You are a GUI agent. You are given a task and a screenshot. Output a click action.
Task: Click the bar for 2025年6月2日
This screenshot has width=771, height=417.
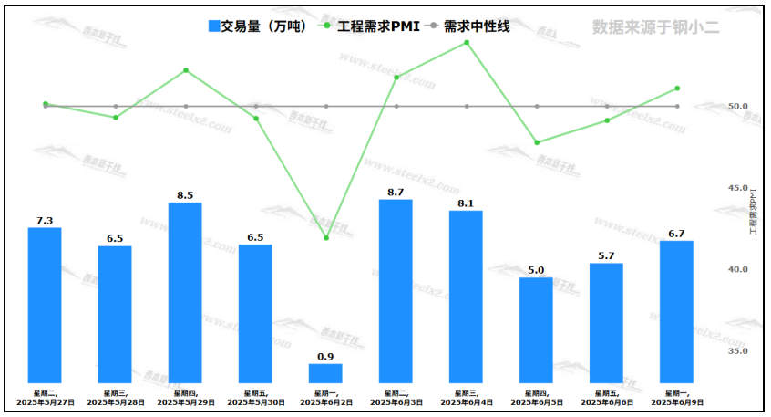(325, 373)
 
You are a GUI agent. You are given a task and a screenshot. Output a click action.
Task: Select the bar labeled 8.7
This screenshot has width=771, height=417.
(396, 290)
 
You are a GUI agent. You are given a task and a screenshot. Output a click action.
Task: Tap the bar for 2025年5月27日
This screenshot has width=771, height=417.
(45, 305)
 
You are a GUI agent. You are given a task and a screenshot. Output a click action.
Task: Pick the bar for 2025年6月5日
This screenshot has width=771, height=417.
(536, 329)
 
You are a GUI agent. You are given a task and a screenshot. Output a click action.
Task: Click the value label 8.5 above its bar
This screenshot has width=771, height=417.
(185, 194)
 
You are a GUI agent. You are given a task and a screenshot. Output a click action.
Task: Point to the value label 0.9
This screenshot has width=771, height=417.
(325, 356)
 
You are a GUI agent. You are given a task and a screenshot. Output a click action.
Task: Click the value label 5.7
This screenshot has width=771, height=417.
(606, 255)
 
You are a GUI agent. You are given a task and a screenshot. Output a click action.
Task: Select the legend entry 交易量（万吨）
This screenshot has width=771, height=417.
(260, 26)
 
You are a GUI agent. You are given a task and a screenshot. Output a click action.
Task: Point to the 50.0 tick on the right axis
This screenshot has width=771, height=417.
(738, 107)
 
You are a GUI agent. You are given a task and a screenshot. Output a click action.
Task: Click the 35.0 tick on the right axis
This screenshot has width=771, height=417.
(738, 351)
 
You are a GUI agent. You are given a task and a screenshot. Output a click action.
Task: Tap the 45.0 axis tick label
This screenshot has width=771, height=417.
(738, 188)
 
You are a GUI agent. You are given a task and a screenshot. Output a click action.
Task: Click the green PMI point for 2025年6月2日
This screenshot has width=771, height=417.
(325, 238)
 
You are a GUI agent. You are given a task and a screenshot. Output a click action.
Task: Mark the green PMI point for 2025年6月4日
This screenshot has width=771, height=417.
(467, 42)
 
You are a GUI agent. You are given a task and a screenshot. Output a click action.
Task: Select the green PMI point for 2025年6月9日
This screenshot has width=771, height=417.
(676, 89)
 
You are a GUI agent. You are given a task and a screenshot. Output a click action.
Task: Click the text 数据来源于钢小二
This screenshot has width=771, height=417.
(655, 26)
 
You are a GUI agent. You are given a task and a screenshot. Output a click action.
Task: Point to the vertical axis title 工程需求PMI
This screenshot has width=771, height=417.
(753, 212)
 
